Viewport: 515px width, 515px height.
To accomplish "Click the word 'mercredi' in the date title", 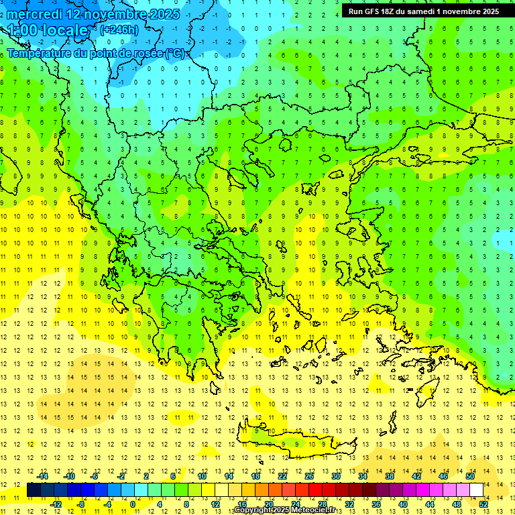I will pos(36,14).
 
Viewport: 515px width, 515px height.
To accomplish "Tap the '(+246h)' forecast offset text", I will pos(119,30).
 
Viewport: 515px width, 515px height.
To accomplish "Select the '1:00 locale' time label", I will pos(48,30).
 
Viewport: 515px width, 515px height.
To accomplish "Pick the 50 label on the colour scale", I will pos(470,476).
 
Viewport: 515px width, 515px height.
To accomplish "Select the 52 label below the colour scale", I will pos(483,504).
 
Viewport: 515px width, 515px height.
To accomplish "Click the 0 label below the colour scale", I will pos(133,504).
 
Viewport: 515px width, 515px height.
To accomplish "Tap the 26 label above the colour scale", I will pos(309,476).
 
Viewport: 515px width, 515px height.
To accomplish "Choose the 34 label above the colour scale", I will pos(363,476).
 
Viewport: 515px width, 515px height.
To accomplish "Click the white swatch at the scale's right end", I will pos(476,490).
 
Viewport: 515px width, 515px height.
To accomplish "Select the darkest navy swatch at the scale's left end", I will pos(34,490).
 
